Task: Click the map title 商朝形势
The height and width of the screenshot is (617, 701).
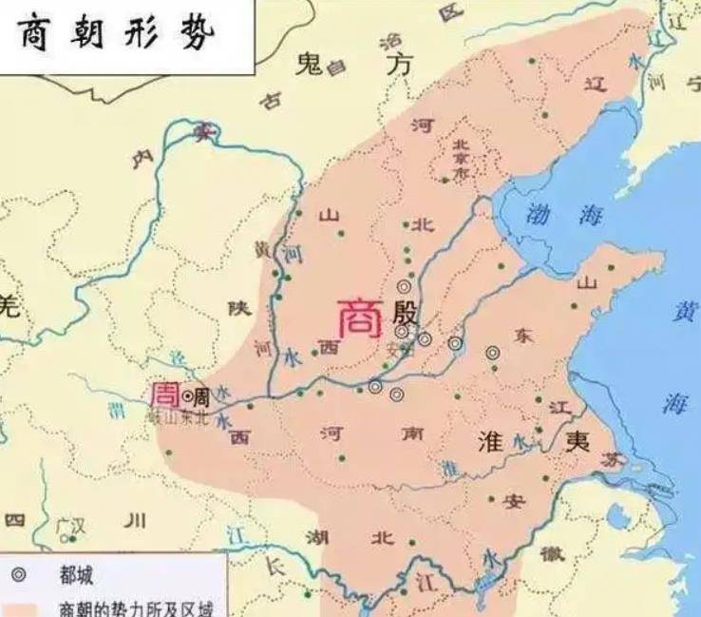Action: point(118,35)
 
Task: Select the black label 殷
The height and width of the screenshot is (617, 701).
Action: point(411,312)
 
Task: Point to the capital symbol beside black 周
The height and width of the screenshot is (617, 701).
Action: point(188,395)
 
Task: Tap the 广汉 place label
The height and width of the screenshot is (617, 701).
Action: point(70,524)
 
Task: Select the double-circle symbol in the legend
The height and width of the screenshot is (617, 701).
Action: point(20,575)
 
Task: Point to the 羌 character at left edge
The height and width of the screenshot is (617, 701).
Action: point(9,306)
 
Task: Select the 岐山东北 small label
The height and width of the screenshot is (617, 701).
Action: point(173,415)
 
